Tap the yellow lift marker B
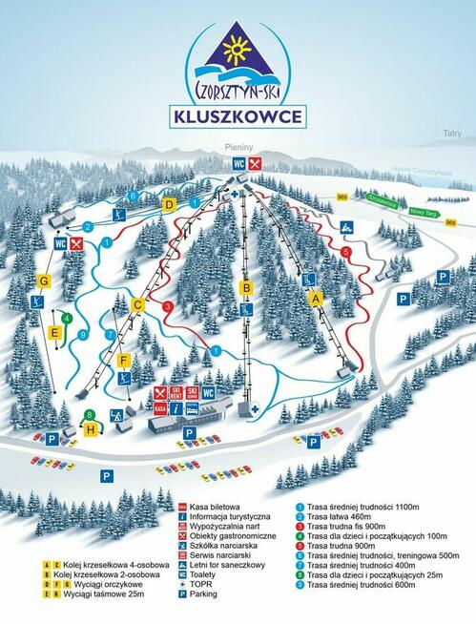click(x=245, y=287)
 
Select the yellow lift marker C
click(x=137, y=305)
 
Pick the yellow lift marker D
click(x=169, y=204)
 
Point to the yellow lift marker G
click(x=43, y=281)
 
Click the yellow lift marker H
click(x=91, y=429)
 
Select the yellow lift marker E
click(x=55, y=332)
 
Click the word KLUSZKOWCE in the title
click(x=238, y=116)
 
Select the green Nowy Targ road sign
click(x=421, y=212)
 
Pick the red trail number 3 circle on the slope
click(x=167, y=306)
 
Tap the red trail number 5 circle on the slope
click(x=345, y=251)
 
